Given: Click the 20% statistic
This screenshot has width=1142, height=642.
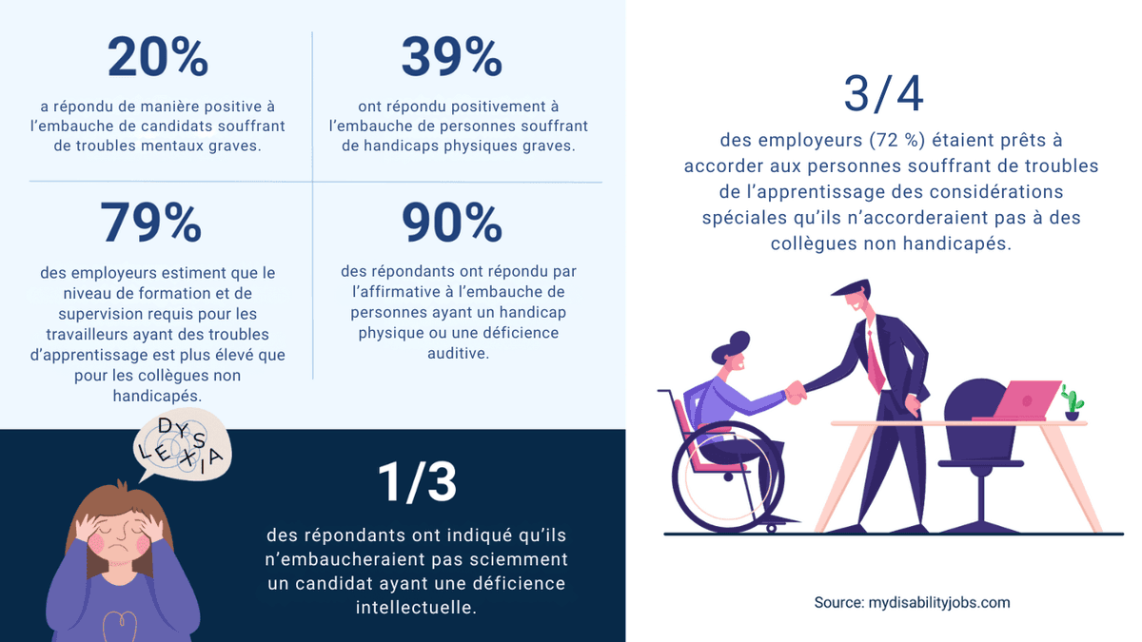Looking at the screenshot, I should coord(157,58).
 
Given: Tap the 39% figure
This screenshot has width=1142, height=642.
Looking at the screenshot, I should coord(451,58).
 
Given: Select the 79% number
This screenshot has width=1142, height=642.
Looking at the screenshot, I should coord(150,224).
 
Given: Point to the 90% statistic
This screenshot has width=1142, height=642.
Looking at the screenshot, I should coord(451,224).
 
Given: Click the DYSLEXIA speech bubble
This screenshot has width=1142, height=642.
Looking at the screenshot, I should coord(181,448).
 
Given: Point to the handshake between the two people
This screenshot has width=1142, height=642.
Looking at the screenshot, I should coord(796,390).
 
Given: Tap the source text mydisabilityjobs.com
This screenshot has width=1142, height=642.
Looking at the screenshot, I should coord(912,603).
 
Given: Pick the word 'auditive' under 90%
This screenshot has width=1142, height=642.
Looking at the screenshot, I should coord(458,353).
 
